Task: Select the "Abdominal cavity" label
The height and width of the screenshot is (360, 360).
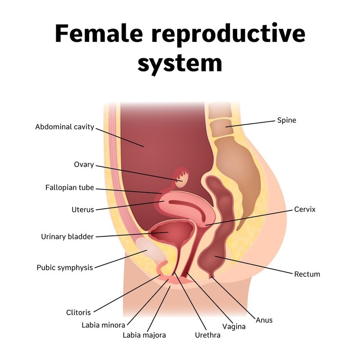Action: [65, 127]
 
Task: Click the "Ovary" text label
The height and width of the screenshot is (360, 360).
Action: [84, 164]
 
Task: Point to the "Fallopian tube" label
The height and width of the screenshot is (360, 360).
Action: [70, 188]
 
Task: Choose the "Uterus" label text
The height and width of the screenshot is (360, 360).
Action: [82, 209]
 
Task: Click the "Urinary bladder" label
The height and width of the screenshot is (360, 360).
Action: [67, 237]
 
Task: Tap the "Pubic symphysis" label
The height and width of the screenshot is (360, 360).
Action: [64, 267]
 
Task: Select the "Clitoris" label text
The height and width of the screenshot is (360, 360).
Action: [78, 312]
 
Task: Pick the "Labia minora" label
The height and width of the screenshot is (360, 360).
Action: [103, 324]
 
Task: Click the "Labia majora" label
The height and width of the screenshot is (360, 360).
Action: [144, 335]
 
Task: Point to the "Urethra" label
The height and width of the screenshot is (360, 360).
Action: [207, 335]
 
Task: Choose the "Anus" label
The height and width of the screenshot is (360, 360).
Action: [264, 320]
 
